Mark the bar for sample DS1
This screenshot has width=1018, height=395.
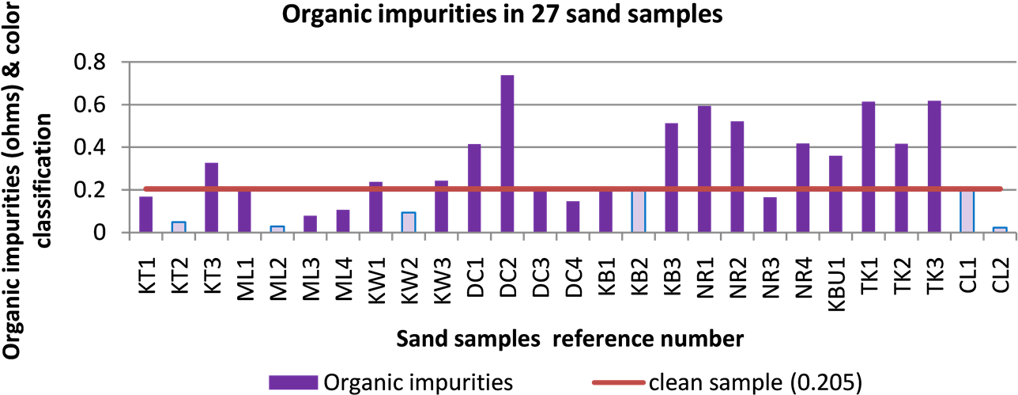pos(474,188)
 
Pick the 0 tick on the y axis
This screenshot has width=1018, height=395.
pos(102,233)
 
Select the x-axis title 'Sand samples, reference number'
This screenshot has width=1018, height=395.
pos(569,340)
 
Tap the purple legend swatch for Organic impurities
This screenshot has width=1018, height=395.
pos(293,382)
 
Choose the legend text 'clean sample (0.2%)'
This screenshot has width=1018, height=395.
pos(755,382)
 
